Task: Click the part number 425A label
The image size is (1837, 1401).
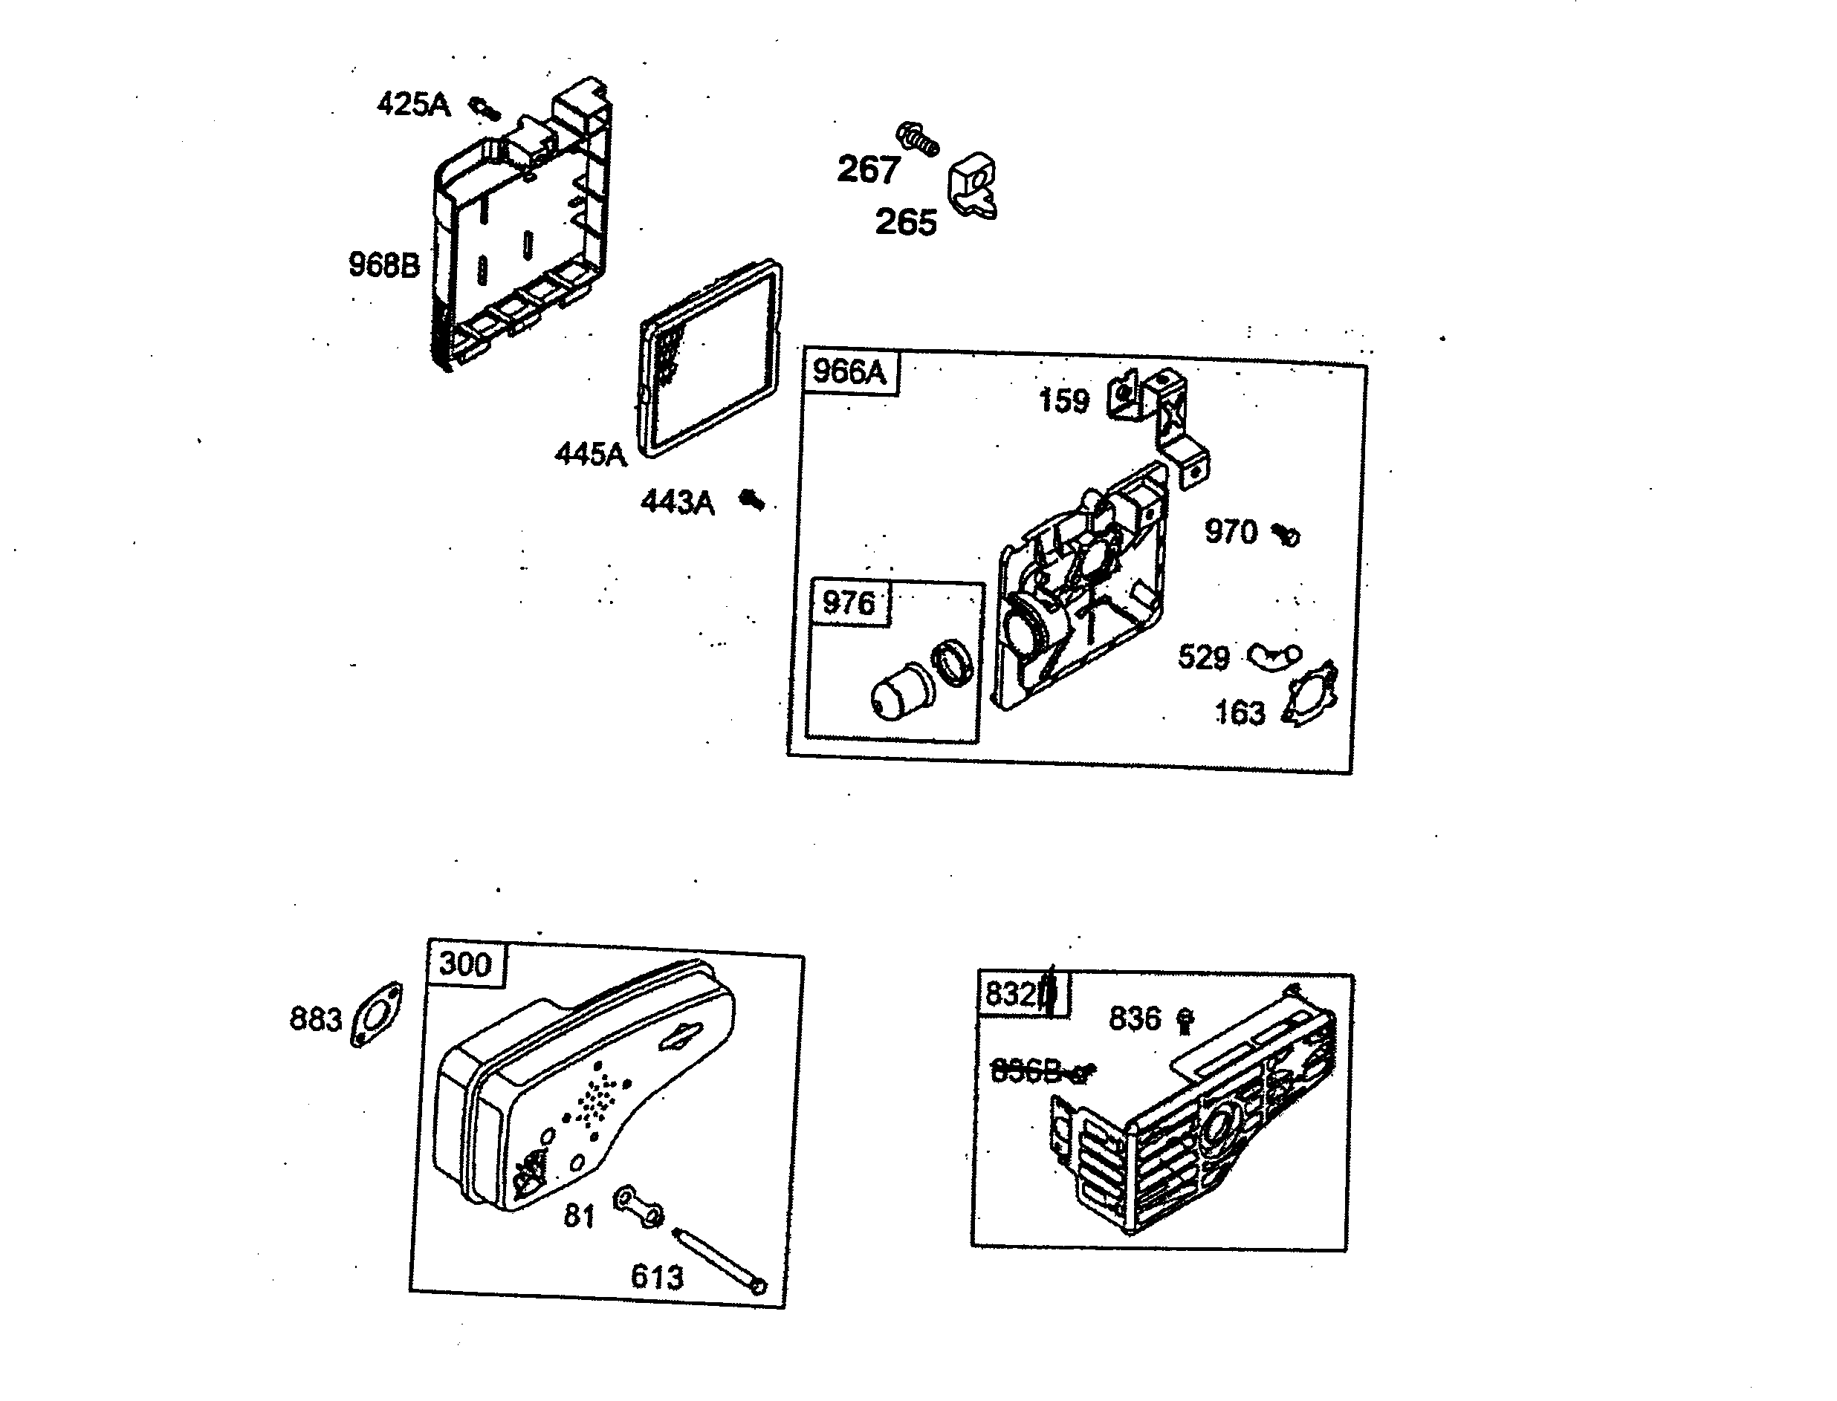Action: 413,105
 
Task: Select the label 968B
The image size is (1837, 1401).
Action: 383,265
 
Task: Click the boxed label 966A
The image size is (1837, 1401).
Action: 849,371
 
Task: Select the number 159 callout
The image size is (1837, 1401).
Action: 1063,401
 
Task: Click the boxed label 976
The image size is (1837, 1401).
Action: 849,602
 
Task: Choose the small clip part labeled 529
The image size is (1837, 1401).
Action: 1274,657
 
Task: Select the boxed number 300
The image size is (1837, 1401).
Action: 464,964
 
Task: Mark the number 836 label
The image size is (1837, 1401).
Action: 1135,1018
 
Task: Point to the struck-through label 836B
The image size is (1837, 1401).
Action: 1026,1070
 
